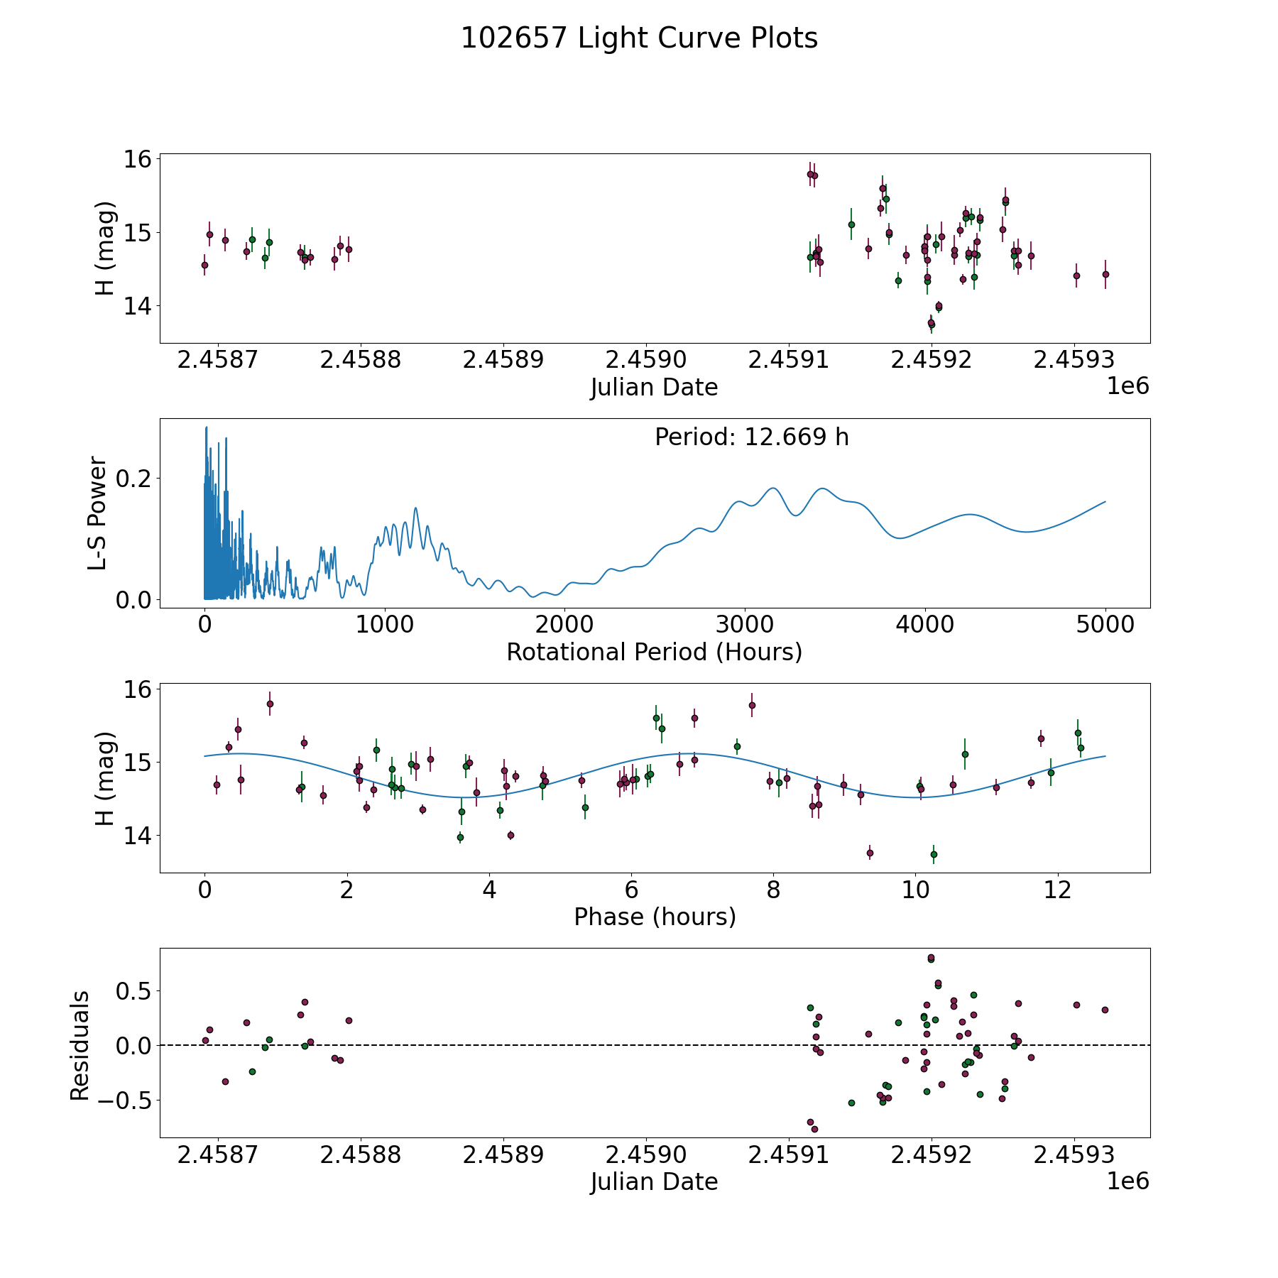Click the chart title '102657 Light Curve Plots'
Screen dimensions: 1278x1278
(x=639, y=38)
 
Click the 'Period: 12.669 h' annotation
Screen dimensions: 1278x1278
(x=751, y=437)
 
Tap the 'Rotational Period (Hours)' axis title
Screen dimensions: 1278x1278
(x=654, y=652)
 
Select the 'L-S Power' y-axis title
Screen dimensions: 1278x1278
(x=97, y=513)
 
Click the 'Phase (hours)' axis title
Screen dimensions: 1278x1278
(x=655, y=917)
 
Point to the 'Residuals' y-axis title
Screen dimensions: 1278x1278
(x=80, y=1046)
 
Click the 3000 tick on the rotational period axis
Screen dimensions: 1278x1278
(x=745, y=625)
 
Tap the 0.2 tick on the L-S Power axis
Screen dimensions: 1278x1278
(x=133, y=478)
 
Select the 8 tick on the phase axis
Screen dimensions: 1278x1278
(x=773, y=890)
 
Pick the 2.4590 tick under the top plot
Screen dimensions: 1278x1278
(x=646, y=360)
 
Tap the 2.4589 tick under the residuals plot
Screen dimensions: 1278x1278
(x=503, y=1154)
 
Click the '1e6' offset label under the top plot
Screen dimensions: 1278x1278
(x=1127, y=386)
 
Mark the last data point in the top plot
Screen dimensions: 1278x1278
(x=1105, y=274)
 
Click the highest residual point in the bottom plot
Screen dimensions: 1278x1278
(x=931, y=958)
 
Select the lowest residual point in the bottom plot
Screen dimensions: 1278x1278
(x=814, y=1129)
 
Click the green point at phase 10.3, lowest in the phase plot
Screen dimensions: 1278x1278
(x=934, y=854)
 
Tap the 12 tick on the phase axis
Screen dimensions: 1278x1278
(x=1057, y=890)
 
